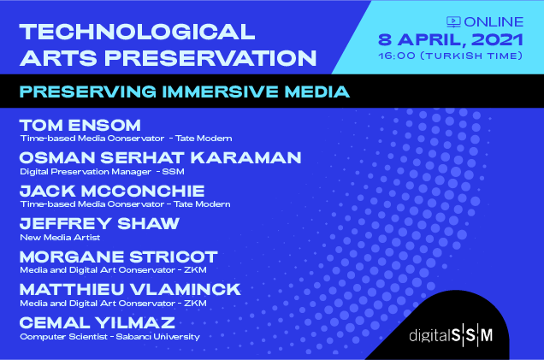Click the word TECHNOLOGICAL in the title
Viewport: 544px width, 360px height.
tap(138, 32)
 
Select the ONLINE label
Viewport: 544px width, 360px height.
tap(494, 22)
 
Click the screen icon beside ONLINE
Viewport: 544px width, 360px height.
tap(453, 22)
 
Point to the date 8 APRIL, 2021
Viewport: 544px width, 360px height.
tap(450, 39)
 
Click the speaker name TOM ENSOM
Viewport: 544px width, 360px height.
tap(80, 125)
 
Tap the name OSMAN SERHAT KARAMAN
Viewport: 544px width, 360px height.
tap(160, 158)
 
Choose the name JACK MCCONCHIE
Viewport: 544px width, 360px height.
tap(112, 191)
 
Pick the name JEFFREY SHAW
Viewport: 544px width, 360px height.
tap(99, 224)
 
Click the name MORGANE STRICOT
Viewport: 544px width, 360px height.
tap(119, 257)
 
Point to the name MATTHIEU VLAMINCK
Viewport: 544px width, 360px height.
tap(130, 290)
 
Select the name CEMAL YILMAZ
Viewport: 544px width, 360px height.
tap(98, 323)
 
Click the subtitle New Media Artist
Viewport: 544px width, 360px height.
tap(60, 238)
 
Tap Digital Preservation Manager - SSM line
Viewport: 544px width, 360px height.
tap(102, 172)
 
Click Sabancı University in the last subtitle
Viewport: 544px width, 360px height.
tap(158, 337)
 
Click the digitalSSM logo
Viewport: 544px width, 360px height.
tap(451, 335)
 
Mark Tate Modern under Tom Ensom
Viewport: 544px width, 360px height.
tap(204, 139)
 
